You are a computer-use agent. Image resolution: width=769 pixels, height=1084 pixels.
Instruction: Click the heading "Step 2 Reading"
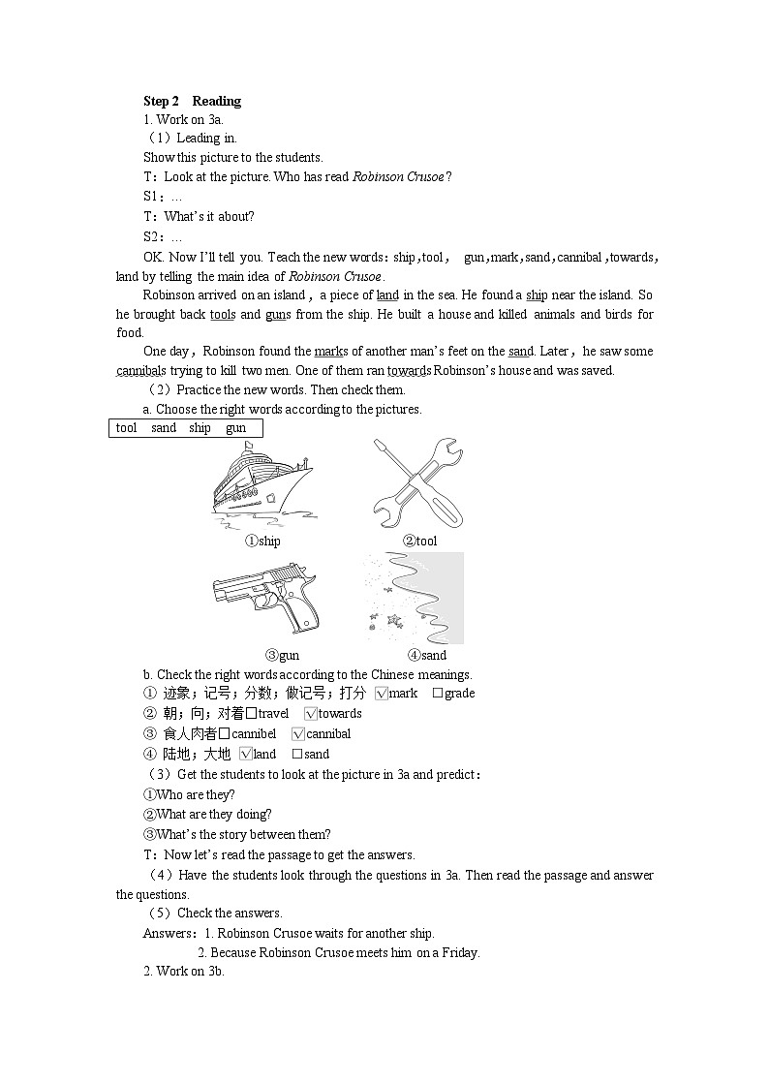coord(192,101)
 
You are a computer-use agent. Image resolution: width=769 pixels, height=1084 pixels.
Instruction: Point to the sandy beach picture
coord(415,598)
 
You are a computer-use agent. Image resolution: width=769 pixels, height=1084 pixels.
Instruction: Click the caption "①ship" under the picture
coord(261,542)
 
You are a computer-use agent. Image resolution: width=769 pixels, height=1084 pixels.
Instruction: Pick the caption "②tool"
coord(419,542)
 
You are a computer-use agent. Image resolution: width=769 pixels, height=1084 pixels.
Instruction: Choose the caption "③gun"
coord(282,656)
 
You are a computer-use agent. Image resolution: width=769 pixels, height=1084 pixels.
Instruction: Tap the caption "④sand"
coord(426,656)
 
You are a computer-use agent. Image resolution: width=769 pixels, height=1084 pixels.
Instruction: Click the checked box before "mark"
coord(381,694)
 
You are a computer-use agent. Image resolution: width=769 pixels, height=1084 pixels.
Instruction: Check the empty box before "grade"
coord(438,694)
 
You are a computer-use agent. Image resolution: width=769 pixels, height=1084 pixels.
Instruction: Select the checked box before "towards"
coord(310,714)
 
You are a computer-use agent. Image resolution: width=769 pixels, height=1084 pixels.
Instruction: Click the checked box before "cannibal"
coord(298,734)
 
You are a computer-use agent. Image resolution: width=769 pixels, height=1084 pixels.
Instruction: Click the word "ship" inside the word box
coord(200,428)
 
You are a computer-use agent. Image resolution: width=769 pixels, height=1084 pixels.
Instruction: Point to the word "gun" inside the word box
coord(235,428)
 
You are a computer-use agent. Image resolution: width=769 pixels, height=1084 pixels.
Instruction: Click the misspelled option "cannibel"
coord(253,734)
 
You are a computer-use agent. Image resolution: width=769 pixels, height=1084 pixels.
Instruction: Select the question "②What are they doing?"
coord(207,815)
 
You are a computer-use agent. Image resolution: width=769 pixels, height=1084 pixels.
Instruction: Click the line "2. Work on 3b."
coord(183,972)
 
